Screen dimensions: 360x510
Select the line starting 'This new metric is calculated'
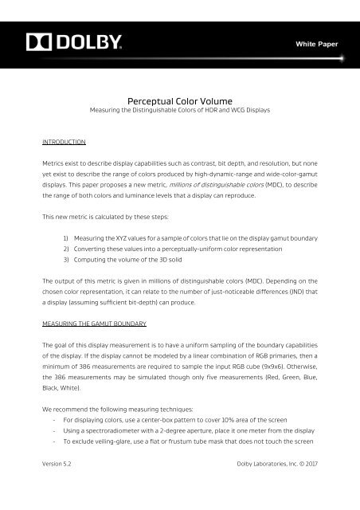[x=111, y=215]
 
